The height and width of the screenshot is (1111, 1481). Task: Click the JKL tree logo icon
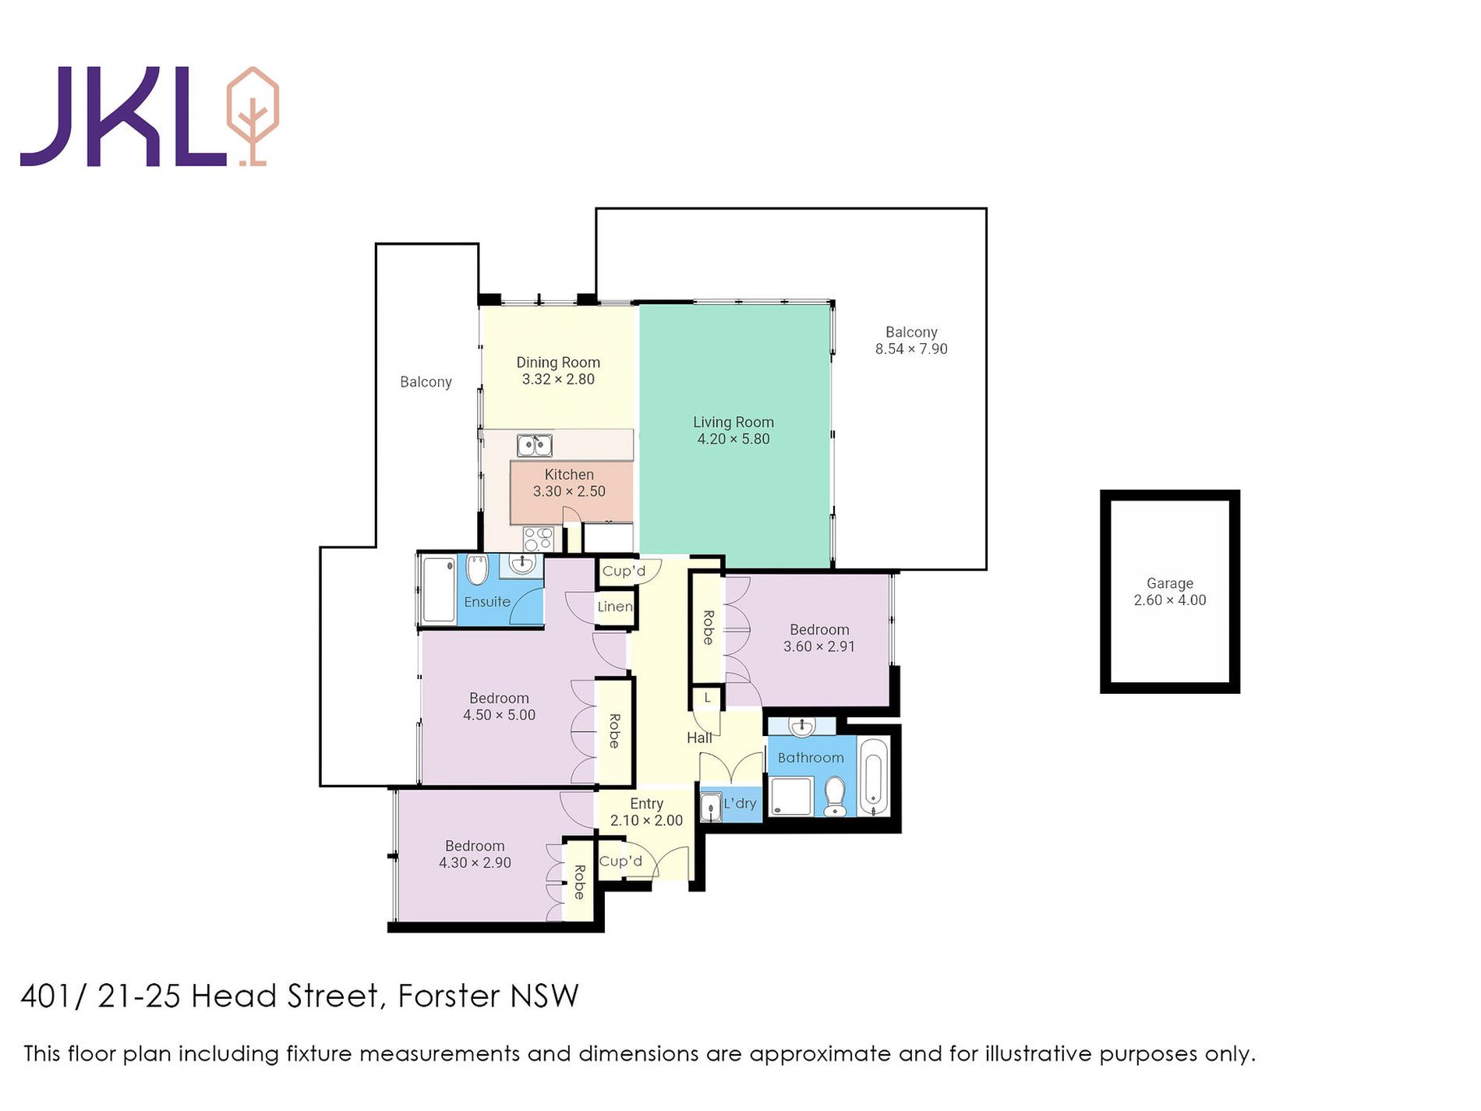coord(252,116)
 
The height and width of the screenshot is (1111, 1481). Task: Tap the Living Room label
coord(733,422)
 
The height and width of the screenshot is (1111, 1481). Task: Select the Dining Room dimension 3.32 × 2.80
coord(558,380)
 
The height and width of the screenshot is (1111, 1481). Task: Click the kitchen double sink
coord(535,445)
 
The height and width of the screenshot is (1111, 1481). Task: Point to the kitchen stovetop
coord(539,539)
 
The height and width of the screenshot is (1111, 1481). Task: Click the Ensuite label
coord(487,602)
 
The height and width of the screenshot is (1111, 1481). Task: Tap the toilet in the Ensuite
coord(477,569)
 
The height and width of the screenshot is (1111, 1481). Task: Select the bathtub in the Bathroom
coord(873,777)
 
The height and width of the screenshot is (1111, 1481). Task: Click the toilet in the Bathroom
coord(835,796)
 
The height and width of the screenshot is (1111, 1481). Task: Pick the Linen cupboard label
coord(615,607)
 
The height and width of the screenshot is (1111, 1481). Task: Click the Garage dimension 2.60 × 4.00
coord(1170,600)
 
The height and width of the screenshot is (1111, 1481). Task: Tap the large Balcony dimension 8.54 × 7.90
coord(911,349)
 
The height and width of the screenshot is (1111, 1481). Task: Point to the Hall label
coord(699,738)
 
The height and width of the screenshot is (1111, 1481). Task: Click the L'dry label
coord(740,803)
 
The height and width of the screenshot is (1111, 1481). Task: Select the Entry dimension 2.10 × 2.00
coord(646,820)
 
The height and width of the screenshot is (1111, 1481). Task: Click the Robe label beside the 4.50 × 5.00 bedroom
coord(614,731)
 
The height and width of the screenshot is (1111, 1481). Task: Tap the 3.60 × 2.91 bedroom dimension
coord(819,646)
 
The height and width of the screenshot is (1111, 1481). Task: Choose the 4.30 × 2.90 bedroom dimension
coord(475,863)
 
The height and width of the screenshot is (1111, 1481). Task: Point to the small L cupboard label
coord(708,698)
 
